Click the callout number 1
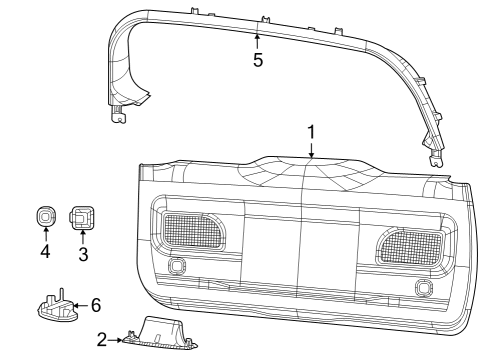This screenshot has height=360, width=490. point(311,132)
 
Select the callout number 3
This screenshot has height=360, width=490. point(83,254)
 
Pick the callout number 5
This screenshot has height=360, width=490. point(257,59)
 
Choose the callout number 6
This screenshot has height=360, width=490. point(95,303)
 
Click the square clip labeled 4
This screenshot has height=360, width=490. point(45,217)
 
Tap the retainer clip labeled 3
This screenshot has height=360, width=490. point(81,218)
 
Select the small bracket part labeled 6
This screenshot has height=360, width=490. point(57,307)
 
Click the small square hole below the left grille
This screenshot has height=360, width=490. point(179,266)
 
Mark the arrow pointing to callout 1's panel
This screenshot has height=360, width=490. point(311,151)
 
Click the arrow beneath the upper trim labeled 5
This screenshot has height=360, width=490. point(257,40)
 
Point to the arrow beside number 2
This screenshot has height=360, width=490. point(118,340)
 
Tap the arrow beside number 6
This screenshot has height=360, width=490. point(80,303)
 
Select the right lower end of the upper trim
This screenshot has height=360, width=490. point(435,154)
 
